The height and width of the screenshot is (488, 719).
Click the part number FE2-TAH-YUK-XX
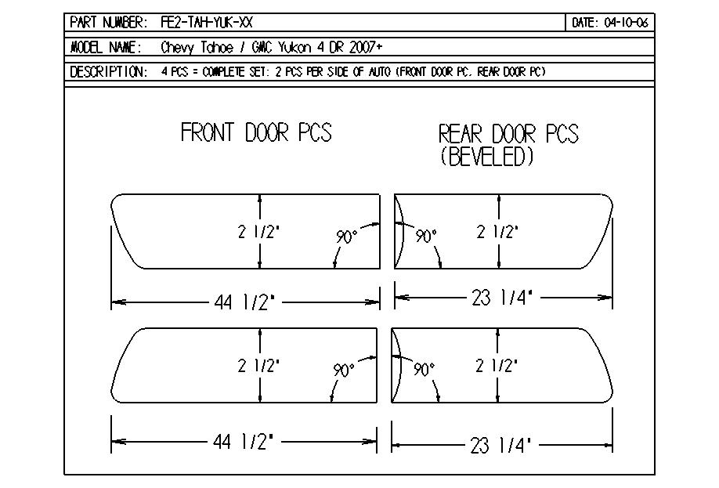coord(207,23)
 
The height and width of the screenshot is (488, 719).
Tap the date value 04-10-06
coord(627,23)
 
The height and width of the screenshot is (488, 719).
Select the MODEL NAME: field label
coord(106,47)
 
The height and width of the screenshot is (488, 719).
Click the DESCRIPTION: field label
coord(109,72)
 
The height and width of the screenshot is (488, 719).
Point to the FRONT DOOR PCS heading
coord(256,132)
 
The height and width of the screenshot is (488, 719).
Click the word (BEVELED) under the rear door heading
coord(487,157)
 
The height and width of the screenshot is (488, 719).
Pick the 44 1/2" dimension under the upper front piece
coord(244,302)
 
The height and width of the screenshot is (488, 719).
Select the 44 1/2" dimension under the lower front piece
coord(243,442)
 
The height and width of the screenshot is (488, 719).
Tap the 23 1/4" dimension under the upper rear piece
coord(502,298)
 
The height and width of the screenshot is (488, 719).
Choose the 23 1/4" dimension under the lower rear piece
coord(500,446)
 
